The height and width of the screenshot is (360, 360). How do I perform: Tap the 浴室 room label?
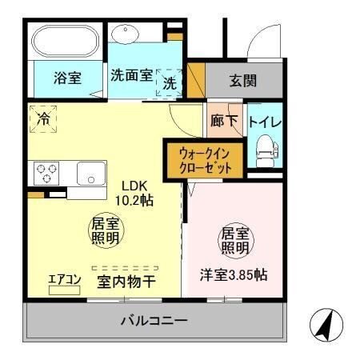pyautogui.click(x=66, y=78)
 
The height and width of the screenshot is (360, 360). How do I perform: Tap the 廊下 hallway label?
pyautogui.click(x=225, y=123)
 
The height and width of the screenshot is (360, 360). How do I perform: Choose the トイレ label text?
pyautogui.click(x=264, y=123)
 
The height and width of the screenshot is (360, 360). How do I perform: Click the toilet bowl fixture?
pyautogui.click(x=264, y=147)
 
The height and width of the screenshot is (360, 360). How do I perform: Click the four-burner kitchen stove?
pyautogui.click(x=46, y=172)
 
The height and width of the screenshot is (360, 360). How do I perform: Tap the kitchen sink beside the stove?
pyautogui.click(x=91, y=172)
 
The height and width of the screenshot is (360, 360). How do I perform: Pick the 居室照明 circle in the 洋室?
pyautogui.click(x=234, y=241)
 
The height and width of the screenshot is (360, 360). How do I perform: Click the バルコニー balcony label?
pyautogui.click(x=154, y=322)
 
